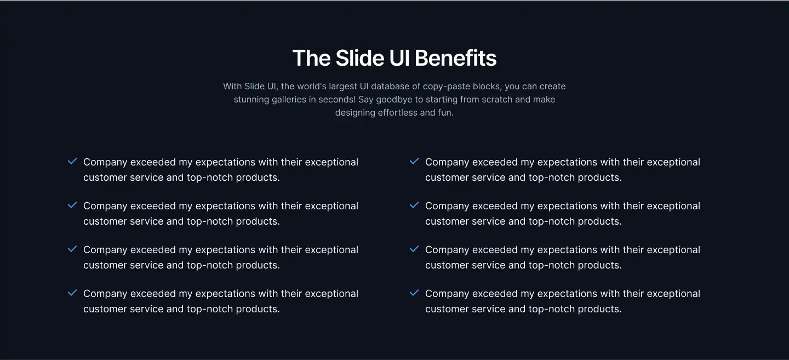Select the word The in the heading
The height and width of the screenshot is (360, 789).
tap(311, 58)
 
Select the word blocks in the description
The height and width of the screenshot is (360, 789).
tap(495, 86)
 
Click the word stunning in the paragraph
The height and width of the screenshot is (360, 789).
tap(251, 100)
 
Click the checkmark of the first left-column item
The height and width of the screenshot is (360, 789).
tap(72, 162)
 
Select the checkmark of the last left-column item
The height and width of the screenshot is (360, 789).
tap(72, 293)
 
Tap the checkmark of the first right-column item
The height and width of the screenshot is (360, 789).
tap(414, 162)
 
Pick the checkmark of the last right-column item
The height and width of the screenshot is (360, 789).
tap(414, 293)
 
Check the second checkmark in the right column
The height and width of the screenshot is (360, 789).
tap(414, 205)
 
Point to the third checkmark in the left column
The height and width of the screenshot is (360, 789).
tap(72, 249)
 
